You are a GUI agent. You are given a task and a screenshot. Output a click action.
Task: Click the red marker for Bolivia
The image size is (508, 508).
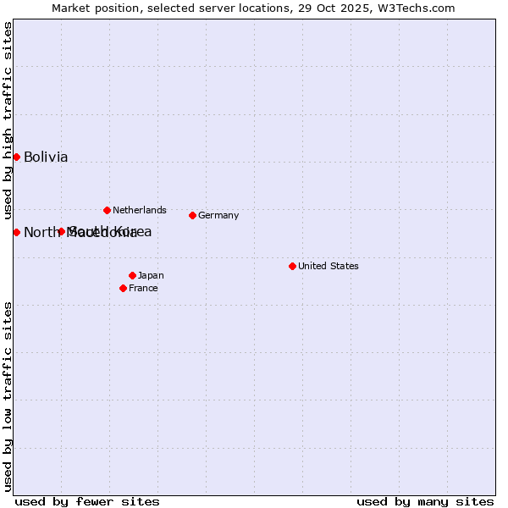16,157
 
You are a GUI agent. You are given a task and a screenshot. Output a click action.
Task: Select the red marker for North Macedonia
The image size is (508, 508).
16,232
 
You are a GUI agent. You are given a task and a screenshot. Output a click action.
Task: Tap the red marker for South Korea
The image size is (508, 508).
61,231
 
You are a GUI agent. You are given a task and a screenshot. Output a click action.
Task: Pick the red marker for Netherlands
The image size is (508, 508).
107,210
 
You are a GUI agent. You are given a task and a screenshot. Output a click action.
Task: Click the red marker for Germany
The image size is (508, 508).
192,215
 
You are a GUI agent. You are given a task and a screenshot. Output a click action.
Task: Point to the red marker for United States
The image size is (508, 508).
292,266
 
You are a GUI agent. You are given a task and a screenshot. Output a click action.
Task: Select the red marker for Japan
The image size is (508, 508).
132,275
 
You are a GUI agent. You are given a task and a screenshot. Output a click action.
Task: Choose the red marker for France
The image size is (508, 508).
123,288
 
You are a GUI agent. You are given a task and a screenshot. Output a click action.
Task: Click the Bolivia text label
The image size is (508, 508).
46,157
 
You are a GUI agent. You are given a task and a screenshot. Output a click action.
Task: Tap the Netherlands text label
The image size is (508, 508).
140,210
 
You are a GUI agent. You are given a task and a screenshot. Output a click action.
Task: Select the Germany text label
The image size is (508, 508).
218,215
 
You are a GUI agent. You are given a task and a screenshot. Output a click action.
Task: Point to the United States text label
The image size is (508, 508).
329,266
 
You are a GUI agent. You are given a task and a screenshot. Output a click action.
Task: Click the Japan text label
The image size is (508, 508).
151,275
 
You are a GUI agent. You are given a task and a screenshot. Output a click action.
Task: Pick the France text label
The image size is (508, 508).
143,288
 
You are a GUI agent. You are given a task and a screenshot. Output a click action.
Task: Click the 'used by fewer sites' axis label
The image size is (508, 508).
87,501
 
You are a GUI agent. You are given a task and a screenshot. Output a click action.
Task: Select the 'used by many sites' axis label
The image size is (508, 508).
425,501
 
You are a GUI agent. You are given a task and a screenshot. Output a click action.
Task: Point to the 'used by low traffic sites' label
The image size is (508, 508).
8,396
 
